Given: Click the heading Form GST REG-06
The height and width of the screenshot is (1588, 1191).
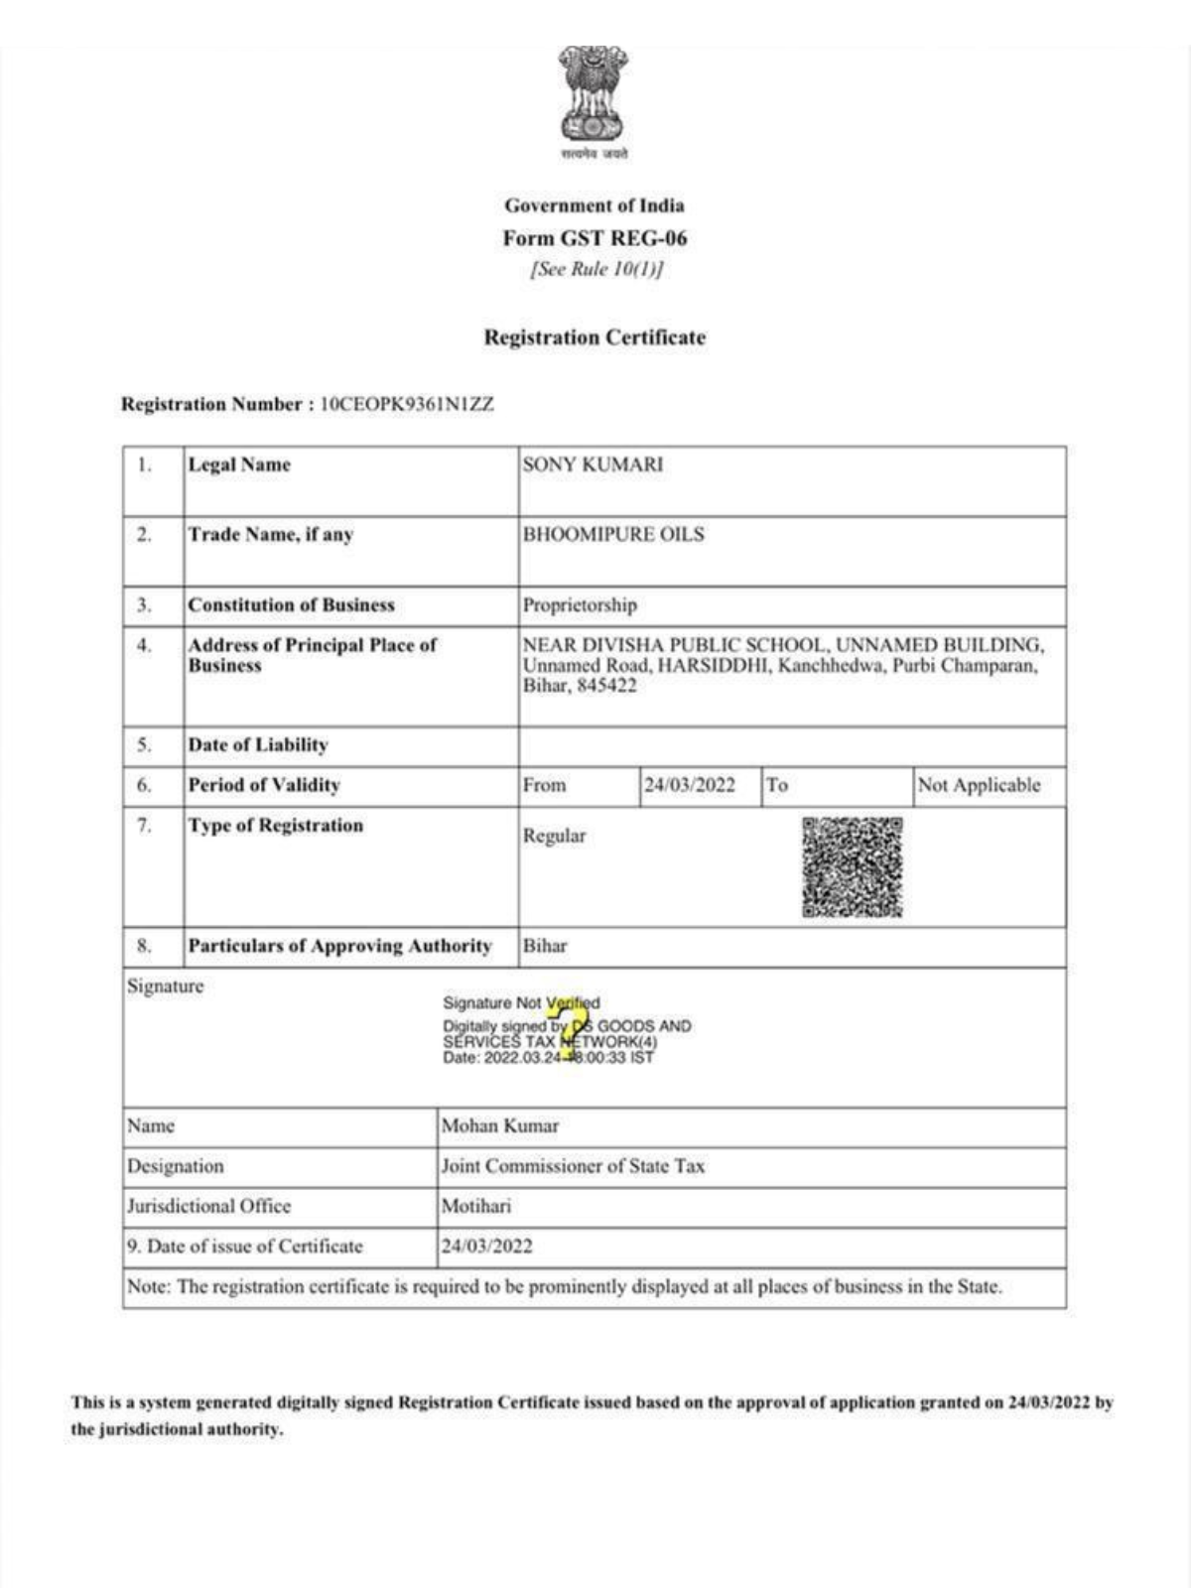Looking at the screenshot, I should click(x=595, y=238).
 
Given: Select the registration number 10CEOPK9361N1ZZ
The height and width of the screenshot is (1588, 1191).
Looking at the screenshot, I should click(x=406, y=404).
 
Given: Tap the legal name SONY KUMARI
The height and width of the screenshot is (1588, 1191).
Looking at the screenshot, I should click(x=593, y=464).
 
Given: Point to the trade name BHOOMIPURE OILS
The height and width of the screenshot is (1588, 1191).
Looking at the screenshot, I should click(x=613, y=534).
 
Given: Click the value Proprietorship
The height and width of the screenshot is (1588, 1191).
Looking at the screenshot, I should click(x=580, y=604).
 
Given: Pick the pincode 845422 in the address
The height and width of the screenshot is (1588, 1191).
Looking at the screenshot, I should click(x=607, y=686).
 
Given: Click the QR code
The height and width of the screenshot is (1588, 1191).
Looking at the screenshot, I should click(x=853, y=866).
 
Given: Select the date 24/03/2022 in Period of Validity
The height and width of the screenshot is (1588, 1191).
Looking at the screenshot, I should click(x=690, y=785).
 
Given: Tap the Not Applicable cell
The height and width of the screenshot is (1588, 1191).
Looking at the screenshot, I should click(x=979, y=785).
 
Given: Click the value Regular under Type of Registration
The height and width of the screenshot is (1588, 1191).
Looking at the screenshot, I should click(x=554, y=836).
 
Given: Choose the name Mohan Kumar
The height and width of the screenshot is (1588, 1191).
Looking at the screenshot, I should click(x=499, y=1125).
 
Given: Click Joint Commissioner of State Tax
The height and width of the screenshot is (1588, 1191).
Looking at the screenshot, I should click(x=573, y=1166).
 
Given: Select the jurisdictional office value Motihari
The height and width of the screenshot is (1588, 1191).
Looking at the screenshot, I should click(x=476, y=1206).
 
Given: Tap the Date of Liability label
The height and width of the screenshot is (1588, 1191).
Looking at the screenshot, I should click(x=258, y=744).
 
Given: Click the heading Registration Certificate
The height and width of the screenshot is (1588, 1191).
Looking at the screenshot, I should click(x=595, y=337).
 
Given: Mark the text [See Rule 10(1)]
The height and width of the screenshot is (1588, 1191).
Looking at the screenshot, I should click(x=596, y=269).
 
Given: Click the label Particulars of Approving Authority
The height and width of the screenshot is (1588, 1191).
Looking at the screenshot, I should click(x=339, y=946).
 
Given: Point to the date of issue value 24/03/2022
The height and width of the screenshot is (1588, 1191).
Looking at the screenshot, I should click(x=486, y=1247).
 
